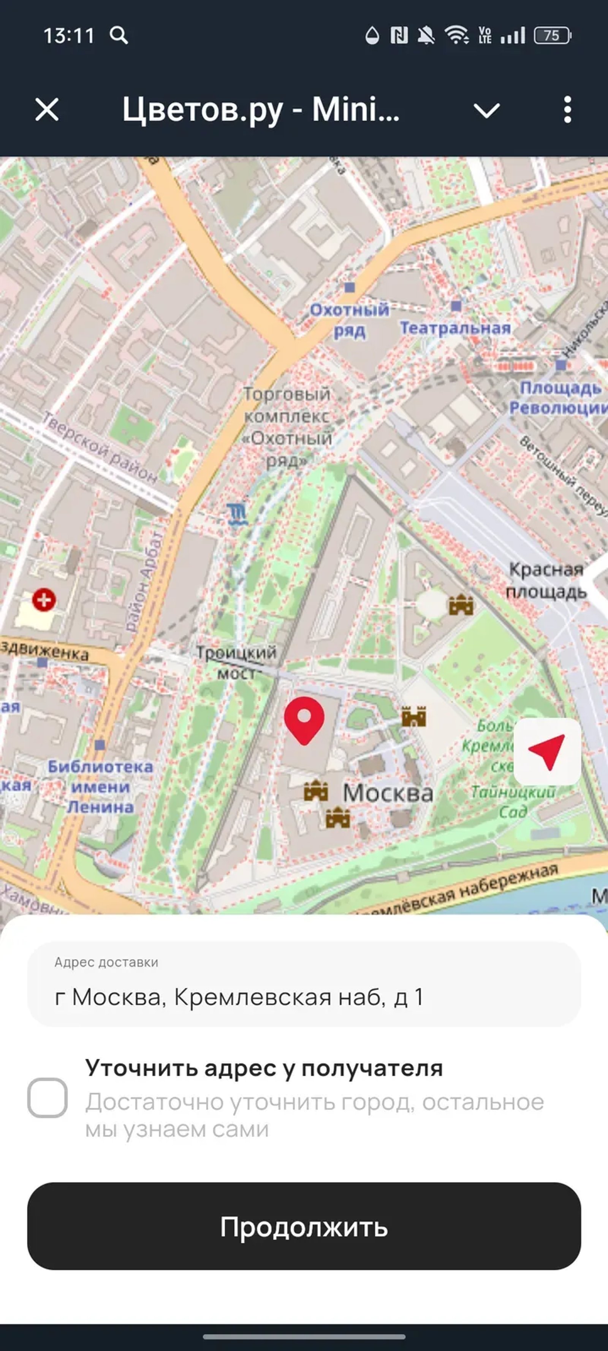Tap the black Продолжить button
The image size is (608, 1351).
coord(304,1226)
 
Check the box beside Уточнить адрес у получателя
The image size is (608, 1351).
coord(47,1098)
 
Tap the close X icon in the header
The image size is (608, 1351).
coord(47,110)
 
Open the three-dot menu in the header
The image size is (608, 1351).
coord(567,110)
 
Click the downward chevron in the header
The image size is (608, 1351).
coord(486,110)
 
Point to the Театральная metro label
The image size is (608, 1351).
coord(455,328)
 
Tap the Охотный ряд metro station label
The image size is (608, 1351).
coord(349,320)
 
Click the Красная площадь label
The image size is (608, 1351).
coord(546,580)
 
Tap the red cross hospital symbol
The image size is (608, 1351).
coord(44,600)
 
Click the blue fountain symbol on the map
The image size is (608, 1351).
coord(237,514)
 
